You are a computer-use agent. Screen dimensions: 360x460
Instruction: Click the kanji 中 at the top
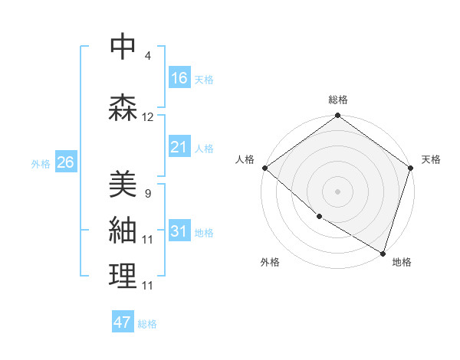(x=123, y=47)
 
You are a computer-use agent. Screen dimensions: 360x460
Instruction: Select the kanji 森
(x=123, y=108)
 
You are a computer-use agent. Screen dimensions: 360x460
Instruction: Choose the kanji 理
(x=123, y=277)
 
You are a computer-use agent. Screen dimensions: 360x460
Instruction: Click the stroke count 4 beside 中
(x=147, y=56)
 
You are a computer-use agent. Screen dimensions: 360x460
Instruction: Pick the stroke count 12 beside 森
(x=148, y=117)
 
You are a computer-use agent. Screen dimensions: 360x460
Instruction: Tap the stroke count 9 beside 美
(x=147, y=193)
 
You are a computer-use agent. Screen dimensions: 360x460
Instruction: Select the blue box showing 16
(x=179, y=78)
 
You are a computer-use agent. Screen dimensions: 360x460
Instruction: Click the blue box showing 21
(x=179, y=147)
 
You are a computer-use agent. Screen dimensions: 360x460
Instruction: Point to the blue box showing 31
(x=179, y=231)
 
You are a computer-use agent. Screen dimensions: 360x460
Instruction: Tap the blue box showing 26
(x=65, y=162)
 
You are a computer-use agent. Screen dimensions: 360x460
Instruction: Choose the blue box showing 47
(x=123, y=322)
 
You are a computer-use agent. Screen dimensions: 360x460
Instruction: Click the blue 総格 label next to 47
(x=147, y=324)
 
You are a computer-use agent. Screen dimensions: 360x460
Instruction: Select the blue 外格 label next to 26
(x=41, y=163)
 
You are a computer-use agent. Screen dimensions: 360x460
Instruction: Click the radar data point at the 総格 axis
(x=337, y=116)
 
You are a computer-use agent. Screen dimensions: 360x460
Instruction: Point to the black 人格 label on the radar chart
(x=245, y=159)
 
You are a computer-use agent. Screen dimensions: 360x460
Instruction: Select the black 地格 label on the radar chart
(x=402, y=262)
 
